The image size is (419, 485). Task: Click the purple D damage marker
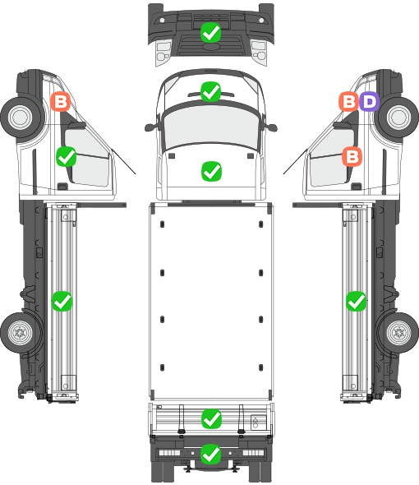coord(369,101)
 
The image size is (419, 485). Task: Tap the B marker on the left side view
coord(61,101)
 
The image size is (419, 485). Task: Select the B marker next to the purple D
coord(349,101)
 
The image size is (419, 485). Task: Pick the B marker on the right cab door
coord(352,156)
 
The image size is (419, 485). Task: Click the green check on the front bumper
coord(210,33)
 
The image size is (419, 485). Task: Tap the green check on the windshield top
coord(210,91)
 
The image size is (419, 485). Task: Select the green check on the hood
coord(211,171)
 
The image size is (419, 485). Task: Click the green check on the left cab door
coord(67,156)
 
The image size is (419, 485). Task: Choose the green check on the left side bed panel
coord(62,301)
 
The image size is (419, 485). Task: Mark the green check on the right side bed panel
coord(357,301)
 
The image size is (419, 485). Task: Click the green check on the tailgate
coord(211,418)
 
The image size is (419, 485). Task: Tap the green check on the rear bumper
coord(211,454)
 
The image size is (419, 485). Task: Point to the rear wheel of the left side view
coord(21,332)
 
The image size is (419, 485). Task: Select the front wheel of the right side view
coord(398,117)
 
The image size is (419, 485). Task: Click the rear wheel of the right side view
coord(398,332)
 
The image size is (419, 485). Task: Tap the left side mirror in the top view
coord(151,127)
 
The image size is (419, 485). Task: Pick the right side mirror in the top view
coord(270,127)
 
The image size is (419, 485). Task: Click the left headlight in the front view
coord(163,51)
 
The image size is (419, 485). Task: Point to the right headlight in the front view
coord(259,51)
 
